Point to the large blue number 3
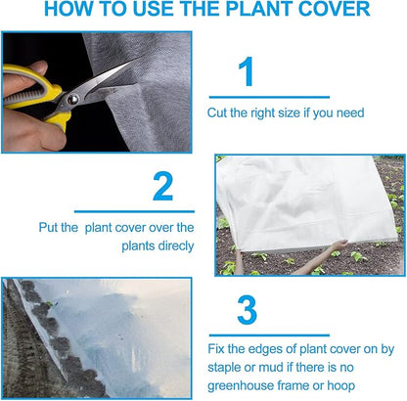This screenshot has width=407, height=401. tap(248, 308)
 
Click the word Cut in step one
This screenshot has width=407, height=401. tap(217, 112)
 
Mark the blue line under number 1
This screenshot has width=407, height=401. tap(268, 97)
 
